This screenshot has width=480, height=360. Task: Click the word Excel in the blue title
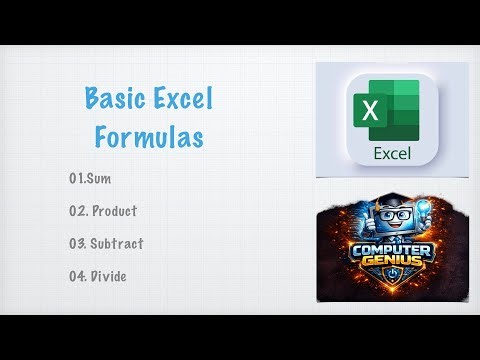click(x=181, y=100)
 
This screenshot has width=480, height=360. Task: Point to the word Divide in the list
click(x=110, y=275)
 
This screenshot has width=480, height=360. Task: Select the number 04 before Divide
click(x=78, y=275)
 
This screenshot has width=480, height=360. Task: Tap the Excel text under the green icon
click(x=393, y=154)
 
